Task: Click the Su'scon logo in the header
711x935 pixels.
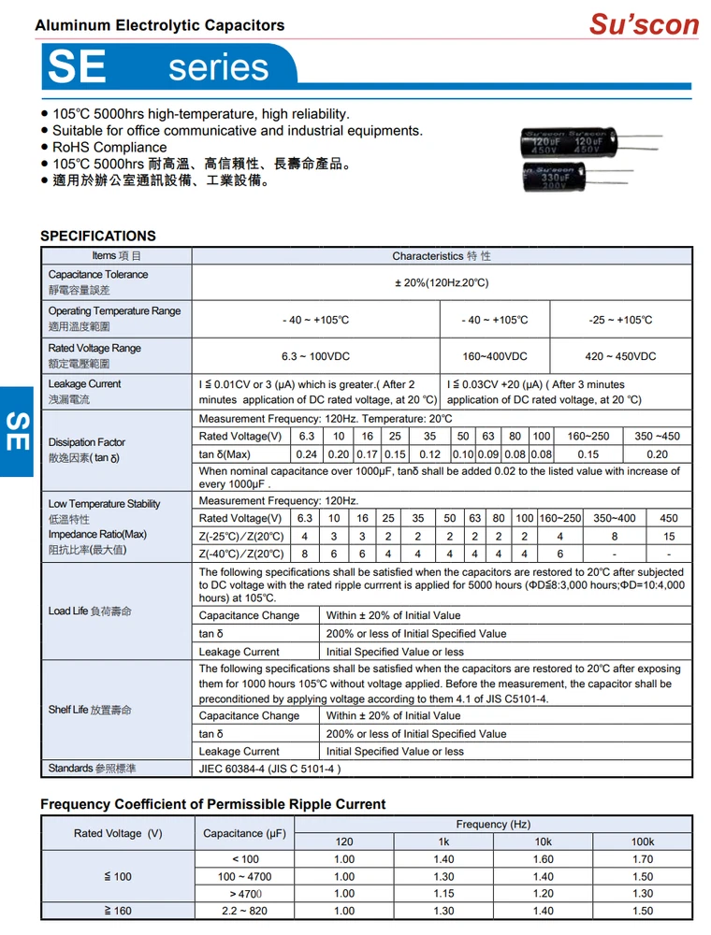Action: pos(644,23)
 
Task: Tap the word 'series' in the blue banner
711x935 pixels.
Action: pos(219,67)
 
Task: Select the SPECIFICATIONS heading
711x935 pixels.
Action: pos(97,236)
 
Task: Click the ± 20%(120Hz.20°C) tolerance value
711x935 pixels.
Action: pos(441,282)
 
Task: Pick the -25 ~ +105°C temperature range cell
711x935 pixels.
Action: pos(620,320)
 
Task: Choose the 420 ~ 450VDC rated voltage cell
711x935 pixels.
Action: pos(620,356)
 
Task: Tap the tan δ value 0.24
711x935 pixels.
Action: pos(306,454)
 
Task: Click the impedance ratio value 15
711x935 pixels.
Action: pos(668,537)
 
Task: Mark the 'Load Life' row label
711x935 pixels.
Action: pos(90,611)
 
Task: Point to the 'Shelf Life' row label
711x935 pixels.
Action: pos(90,710)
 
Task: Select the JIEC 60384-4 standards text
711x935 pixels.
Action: pos(269,769)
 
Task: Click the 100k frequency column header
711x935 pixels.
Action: pos(642,841)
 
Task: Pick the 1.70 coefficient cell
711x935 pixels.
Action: pos(642,859)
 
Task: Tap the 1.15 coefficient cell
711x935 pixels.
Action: pos(443,894)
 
